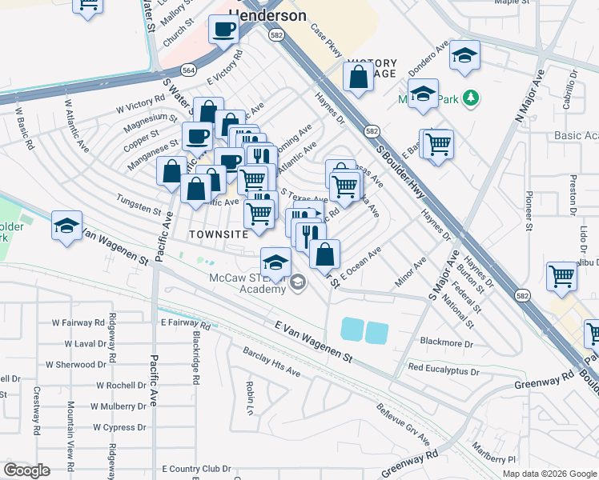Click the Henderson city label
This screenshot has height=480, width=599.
[267, 15]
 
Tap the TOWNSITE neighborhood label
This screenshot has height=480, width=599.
[213, 234]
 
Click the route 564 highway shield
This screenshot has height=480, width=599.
[188, 70]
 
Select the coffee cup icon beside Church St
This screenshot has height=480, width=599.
[223, 30]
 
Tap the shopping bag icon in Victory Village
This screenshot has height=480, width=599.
[358, 76]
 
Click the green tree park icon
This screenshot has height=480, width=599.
[472, 98]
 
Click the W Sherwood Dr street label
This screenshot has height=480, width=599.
[75, 364]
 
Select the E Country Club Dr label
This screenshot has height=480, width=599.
[196, 469]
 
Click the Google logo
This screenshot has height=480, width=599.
[26, 470]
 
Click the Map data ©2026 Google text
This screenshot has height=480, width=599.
[549, 474]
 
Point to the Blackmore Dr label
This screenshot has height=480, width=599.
[447, 343]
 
